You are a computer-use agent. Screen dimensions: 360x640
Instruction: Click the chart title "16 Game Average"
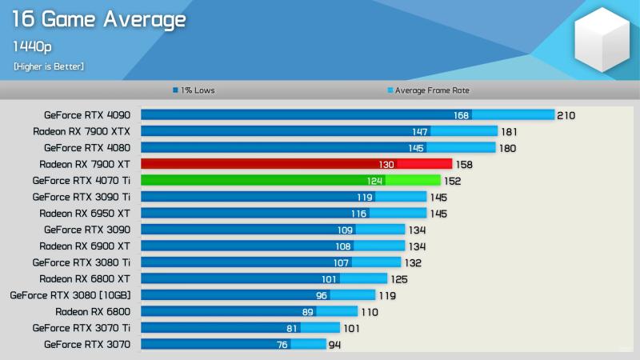(x=99, y=19)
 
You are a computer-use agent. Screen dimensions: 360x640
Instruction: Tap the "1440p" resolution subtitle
(x=33, y=46)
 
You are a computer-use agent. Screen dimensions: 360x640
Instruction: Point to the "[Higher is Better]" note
(x=49, y=66)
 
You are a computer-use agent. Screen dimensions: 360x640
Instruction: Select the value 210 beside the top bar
(x=566, y=115)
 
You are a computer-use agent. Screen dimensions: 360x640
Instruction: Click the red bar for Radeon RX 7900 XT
(x=296, y=164)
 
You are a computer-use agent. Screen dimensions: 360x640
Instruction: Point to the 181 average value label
(x=510, y=131)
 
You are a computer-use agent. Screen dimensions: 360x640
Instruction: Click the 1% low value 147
(x=420, y=131)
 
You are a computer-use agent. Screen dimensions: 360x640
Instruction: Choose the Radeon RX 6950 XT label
(x=84, y=213)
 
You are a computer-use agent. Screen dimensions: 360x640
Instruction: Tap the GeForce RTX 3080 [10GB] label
(x=70, y=294)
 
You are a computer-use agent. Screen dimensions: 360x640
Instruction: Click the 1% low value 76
(x=282, y=345)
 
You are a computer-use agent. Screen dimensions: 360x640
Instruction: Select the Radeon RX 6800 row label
(x=92, y=311)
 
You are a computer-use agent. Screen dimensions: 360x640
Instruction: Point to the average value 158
(x=464, y=164)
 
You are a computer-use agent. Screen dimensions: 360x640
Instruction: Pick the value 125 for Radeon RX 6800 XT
(x=399, y=279)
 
